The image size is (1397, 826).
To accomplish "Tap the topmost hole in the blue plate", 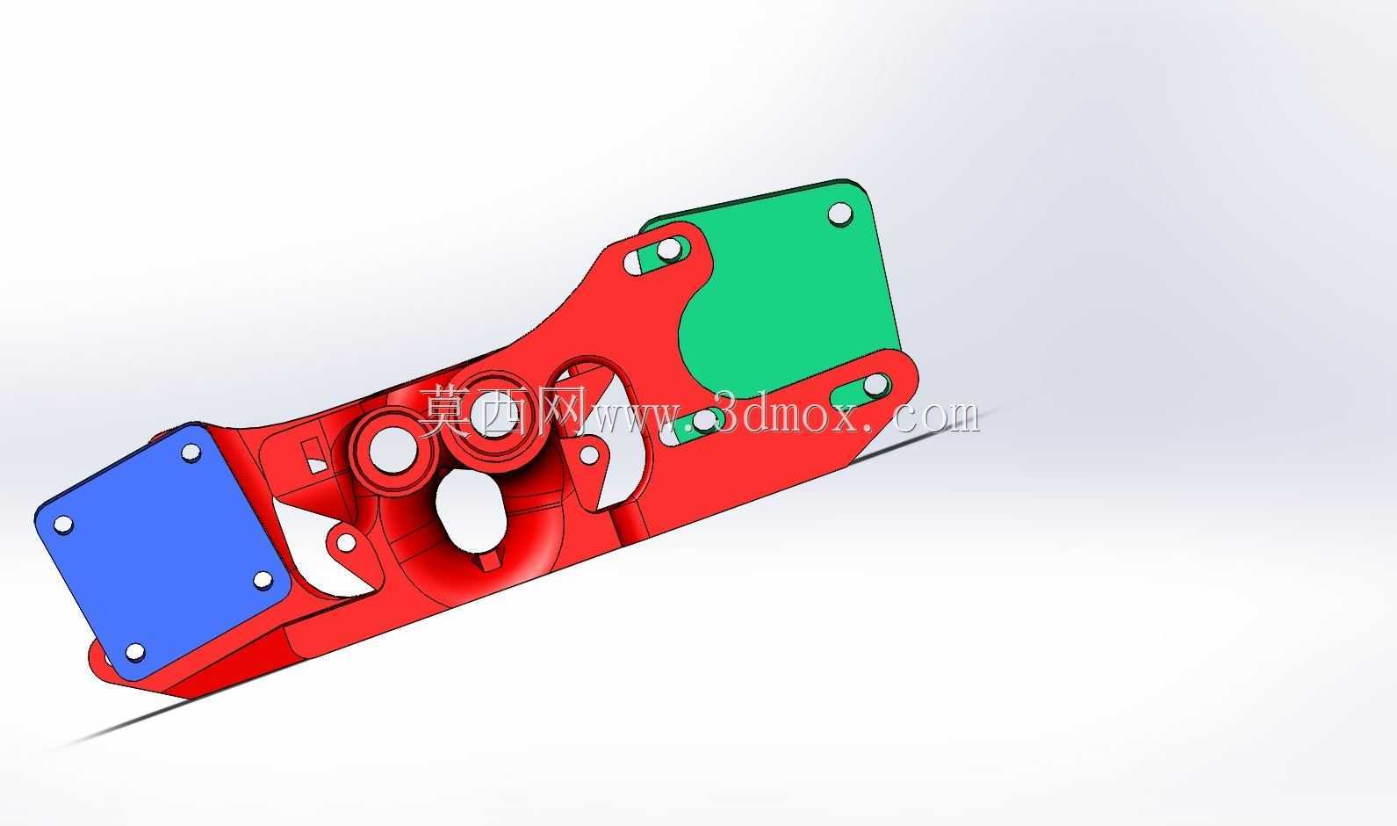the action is click(191, 453).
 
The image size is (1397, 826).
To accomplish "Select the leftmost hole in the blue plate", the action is click(63, 525).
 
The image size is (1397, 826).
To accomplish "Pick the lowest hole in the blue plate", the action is click(134, 652).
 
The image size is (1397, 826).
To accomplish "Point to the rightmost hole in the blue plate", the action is click(263, 581).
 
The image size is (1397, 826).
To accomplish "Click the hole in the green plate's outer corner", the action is click(840, 214).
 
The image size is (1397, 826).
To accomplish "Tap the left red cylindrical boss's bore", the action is click(392, 450).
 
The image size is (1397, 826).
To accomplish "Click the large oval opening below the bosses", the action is click(471, 511).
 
